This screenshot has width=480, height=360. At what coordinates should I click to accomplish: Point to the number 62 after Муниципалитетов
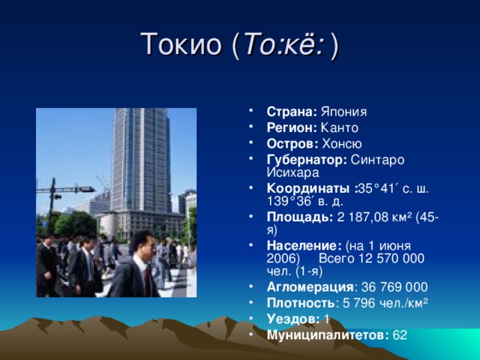click(400, 334)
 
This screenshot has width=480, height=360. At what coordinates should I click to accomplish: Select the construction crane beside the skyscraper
click(103, 183)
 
